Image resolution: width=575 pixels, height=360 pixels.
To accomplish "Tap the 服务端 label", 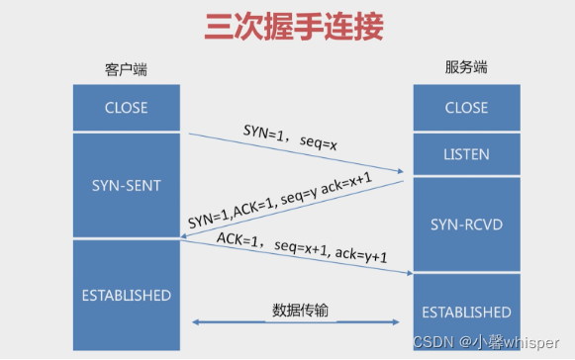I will point(467,68).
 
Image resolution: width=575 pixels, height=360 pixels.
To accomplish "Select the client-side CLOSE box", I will point(126,108).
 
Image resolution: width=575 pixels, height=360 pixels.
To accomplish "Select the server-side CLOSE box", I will point(466,108).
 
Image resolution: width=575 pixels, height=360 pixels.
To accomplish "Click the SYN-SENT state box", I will point(126,185).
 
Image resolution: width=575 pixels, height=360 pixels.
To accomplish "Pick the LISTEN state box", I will point(466,155).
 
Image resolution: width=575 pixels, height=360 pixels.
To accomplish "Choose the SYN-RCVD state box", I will point(466,224).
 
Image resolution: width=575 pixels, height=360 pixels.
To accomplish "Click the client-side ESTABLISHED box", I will point(126,295).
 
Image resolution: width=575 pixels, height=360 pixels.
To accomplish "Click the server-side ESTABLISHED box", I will point(466,312).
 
